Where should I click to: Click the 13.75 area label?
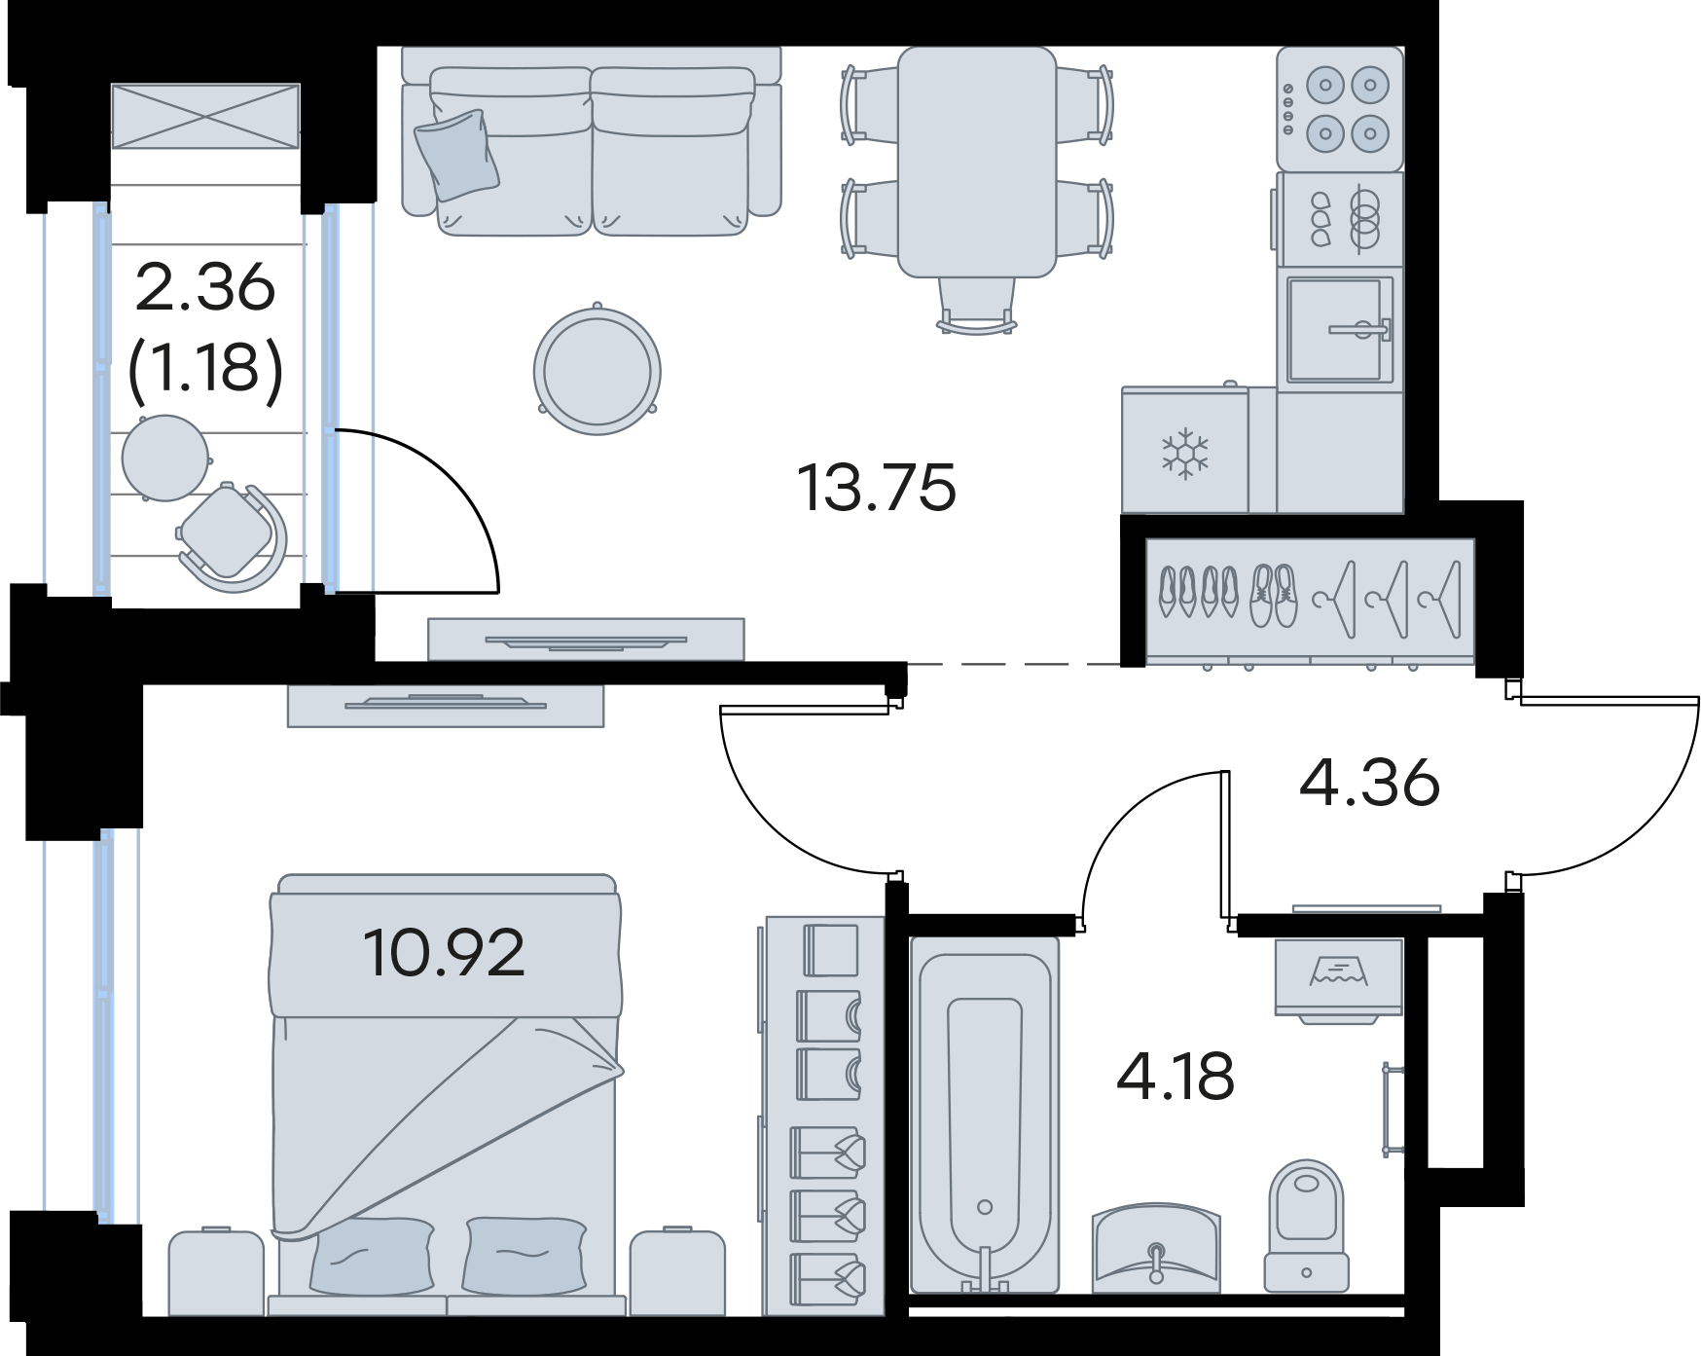click(877, 488)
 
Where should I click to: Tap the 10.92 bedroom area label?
click(444, 952)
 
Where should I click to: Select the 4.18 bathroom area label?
click(1175, 1077)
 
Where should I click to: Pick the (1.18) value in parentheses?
click(205, 368)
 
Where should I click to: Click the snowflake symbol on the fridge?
click(1184, 453)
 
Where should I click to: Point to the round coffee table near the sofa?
click(597, 371)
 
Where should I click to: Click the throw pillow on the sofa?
click(455, 155)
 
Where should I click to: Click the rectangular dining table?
click(976, 162)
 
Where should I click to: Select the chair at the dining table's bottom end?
click(977, 306)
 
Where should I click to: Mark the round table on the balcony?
click(164, 458)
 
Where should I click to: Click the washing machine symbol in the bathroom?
click(1339, 977)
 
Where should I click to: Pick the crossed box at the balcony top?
click(205, 116)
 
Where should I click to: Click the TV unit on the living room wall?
click(586, 640)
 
